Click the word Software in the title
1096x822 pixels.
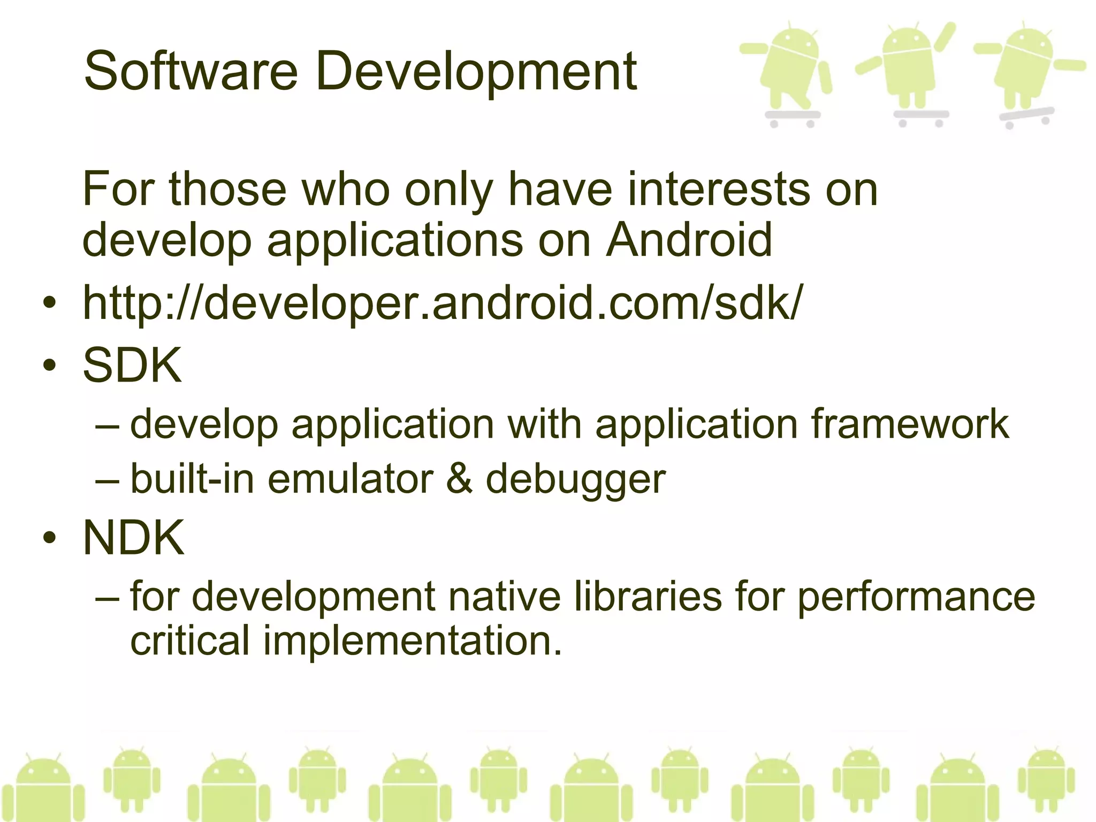click(191, 71)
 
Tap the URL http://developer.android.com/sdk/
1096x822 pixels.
click(442, 303)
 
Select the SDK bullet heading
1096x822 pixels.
click(132, 365)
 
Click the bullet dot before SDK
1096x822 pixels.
click(50, 366)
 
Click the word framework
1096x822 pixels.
click(910, 424)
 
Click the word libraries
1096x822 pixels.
click(648, 597)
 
